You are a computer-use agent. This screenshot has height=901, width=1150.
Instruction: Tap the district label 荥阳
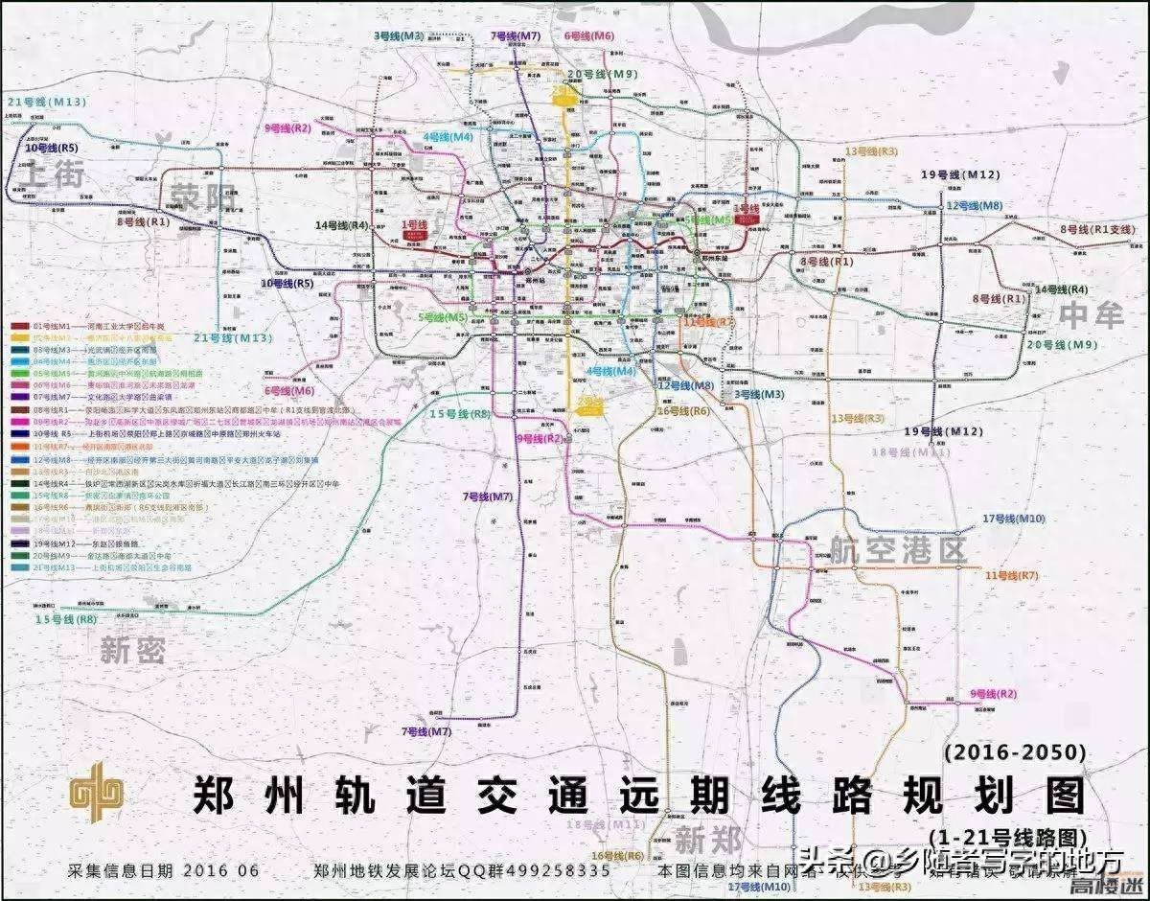(x=202, y=195)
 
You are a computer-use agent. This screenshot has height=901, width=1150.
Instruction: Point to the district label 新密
(x=132, y=651)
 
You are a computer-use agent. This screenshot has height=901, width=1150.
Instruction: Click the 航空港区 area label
(x=898, y=549)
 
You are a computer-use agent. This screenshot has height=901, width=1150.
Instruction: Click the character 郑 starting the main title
(x=218, y=796)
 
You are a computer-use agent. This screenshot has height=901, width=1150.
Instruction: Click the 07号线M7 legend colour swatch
(x=19, y=397)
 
